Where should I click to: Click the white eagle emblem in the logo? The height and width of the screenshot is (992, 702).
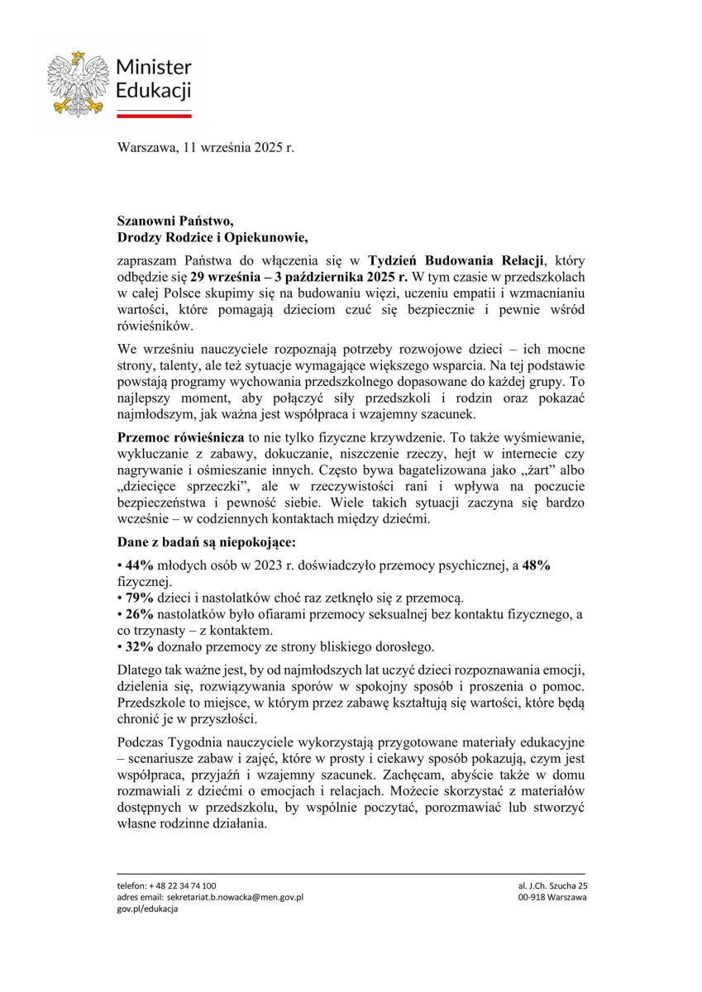[78, 83]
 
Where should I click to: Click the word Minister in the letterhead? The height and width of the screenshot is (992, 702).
[154, 67]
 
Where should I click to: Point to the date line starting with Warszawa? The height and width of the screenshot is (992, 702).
[206, 149]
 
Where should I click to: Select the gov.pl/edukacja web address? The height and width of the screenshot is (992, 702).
[147, 909]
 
